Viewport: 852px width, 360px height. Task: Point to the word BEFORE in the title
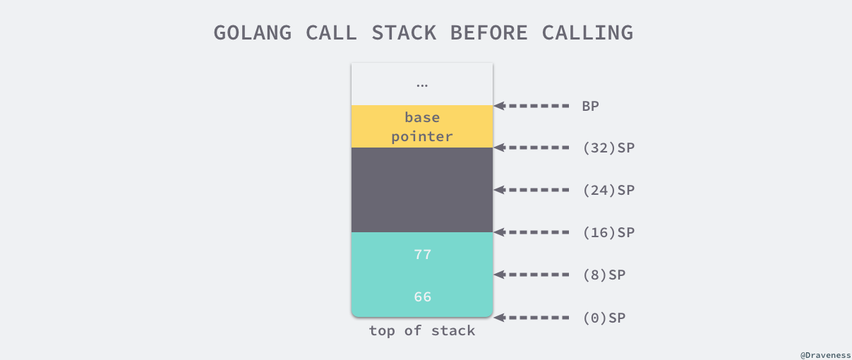488,32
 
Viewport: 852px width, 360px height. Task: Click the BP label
591,106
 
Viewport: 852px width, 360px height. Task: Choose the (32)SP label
608,148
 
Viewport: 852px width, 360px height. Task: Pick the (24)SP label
608,190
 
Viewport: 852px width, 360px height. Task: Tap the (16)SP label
608,232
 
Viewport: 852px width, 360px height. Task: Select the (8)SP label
604,275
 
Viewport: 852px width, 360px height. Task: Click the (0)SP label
604,318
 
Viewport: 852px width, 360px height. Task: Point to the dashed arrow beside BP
532,106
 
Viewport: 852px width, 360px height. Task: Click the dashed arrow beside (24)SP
532,190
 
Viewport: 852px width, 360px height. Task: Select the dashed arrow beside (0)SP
532,318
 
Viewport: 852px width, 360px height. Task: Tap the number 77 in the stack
422,255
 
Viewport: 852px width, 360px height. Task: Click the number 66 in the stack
422,297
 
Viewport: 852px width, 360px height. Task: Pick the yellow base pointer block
422,126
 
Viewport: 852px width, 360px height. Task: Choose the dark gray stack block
422,190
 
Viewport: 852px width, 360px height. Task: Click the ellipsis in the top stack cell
422,85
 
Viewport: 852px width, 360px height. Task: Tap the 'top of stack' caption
422,331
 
